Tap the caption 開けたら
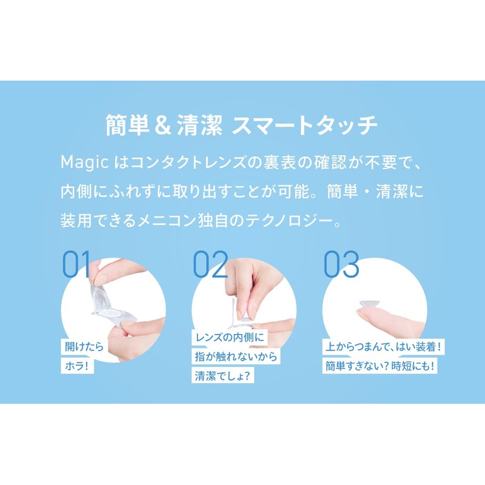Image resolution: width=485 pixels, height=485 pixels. coord(84,347)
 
